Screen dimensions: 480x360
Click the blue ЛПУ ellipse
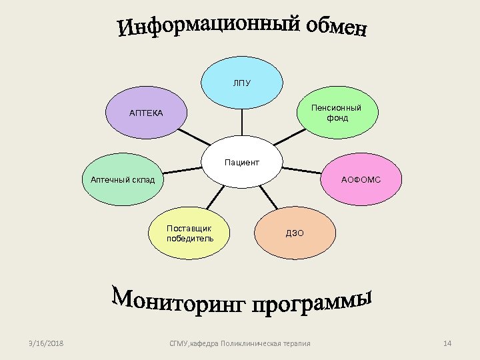point(242,83)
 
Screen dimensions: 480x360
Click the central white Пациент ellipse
point(242,163)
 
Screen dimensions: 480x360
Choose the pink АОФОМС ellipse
point(361,179)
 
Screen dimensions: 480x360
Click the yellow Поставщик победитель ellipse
point(190,233)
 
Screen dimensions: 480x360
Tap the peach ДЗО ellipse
point(295,233)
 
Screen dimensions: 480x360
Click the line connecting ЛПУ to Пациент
point(242,124)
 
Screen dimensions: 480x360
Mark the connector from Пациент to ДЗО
point(266,197)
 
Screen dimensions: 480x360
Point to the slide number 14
point(447,343)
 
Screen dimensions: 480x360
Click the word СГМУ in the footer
point(179,343)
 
